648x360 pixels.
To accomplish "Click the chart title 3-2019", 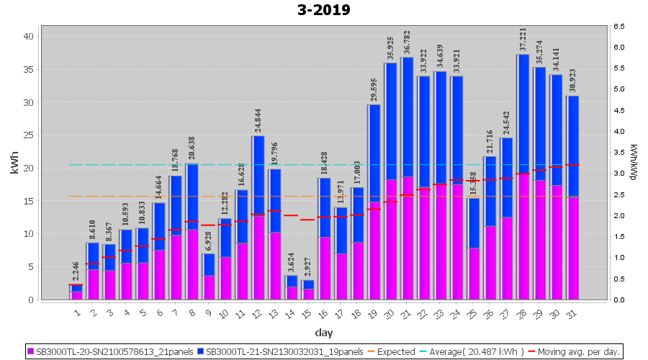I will (x=323, y=10).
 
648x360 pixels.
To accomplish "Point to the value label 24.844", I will (x=258, y=119).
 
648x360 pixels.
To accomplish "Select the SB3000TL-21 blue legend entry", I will (x=280, y=351).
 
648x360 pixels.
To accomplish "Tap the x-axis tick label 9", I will (x=209, y=312).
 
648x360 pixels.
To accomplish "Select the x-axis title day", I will (x=323, y=332).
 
